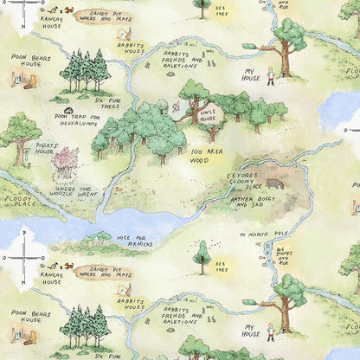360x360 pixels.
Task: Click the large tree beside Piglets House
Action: point(19,130)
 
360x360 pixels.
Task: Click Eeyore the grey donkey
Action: point(274,183)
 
